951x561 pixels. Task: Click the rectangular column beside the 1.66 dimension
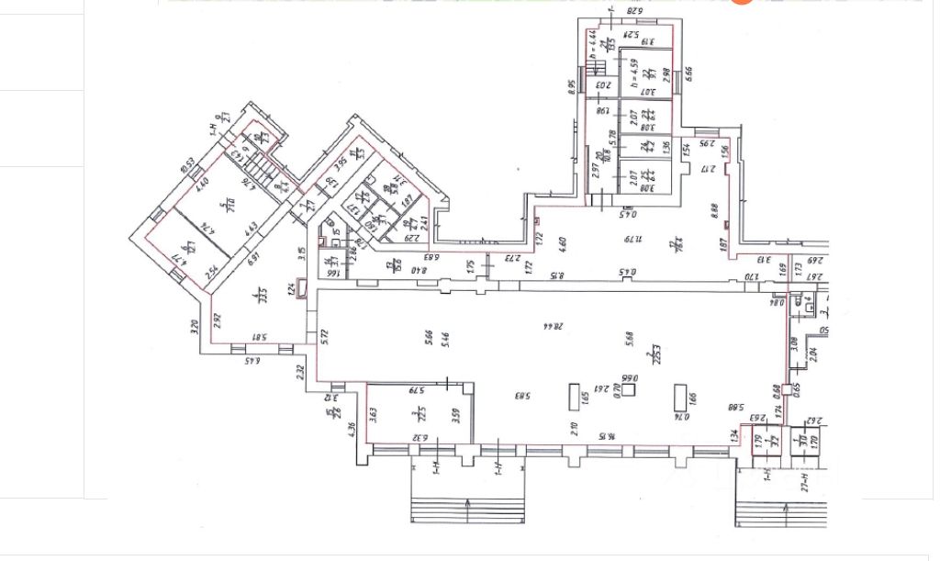pyautogui.click(x=681, y=398)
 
